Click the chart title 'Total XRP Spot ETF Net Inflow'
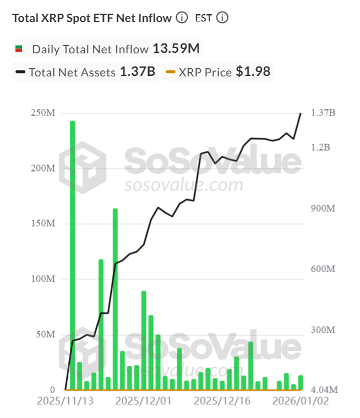click(92, 18)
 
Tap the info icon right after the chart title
click(182, 18)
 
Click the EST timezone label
click(203, 18)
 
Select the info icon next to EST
click(222, 18)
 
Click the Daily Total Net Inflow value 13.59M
click(176, 48)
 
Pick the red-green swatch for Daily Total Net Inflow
click(18, 49)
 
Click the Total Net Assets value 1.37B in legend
click(137, 72)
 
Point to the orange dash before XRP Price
click(171, 72)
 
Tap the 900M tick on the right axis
click(323, 208)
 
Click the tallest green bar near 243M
click(72, 253)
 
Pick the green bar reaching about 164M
click(115, 297)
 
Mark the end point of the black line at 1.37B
click(301, 113)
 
